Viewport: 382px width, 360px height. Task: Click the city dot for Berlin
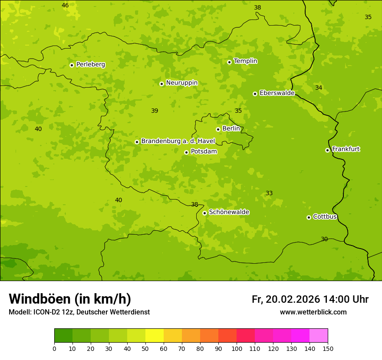click(x=218, y=129)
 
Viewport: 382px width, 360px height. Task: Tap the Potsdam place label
click(x=204, y=151)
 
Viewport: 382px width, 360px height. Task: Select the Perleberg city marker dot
click(x=72, y=65)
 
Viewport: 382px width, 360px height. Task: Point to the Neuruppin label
click(x=181, y=83)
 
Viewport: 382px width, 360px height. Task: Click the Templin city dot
click(x=229, y=62)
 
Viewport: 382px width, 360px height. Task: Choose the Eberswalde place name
click(x=277, y=93)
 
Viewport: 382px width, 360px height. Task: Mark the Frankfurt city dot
click(x=327, y=150)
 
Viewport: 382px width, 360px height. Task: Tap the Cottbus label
click(x=325, y=216)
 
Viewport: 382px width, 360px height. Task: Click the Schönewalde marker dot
click(x=204, y=213)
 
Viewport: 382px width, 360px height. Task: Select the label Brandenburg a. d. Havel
click(x=178, y=141)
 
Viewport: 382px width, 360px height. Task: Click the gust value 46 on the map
click(x=65, y=6)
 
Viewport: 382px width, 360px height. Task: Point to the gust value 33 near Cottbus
click(x=269, y=193)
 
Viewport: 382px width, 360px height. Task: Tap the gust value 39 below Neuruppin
click(x=155, y=111)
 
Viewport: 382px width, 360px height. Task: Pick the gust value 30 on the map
click(x=324, y=239)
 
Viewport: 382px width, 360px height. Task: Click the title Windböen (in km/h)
click(x=70, y=299)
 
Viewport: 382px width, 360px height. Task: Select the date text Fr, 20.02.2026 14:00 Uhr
click(x=310, y=299)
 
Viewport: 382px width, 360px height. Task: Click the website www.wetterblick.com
click(x=313, y=312)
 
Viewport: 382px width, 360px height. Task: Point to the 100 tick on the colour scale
click(x=237, y=348)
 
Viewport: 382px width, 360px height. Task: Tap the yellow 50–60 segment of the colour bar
click(x=155, y=336)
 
